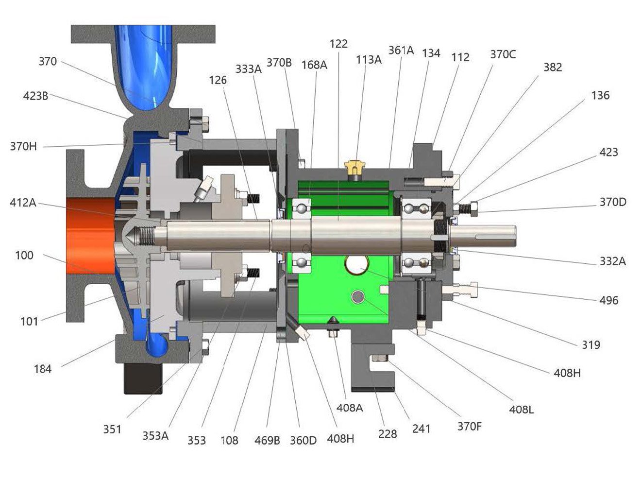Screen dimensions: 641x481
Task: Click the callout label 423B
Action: coord(35,96)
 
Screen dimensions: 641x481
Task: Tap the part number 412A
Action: coord(23,203)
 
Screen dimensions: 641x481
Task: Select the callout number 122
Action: coord(339,44)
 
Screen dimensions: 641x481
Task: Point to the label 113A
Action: coord(369,60)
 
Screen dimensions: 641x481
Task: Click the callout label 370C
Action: coord(503,54)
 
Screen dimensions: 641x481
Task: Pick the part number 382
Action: coord(553,68)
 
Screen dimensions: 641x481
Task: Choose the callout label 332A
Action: coord(613,261)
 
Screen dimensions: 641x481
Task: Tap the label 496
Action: coord(609,300)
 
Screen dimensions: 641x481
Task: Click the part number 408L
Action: coord(522,410)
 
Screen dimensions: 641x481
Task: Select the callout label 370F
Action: coord(469,427)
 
